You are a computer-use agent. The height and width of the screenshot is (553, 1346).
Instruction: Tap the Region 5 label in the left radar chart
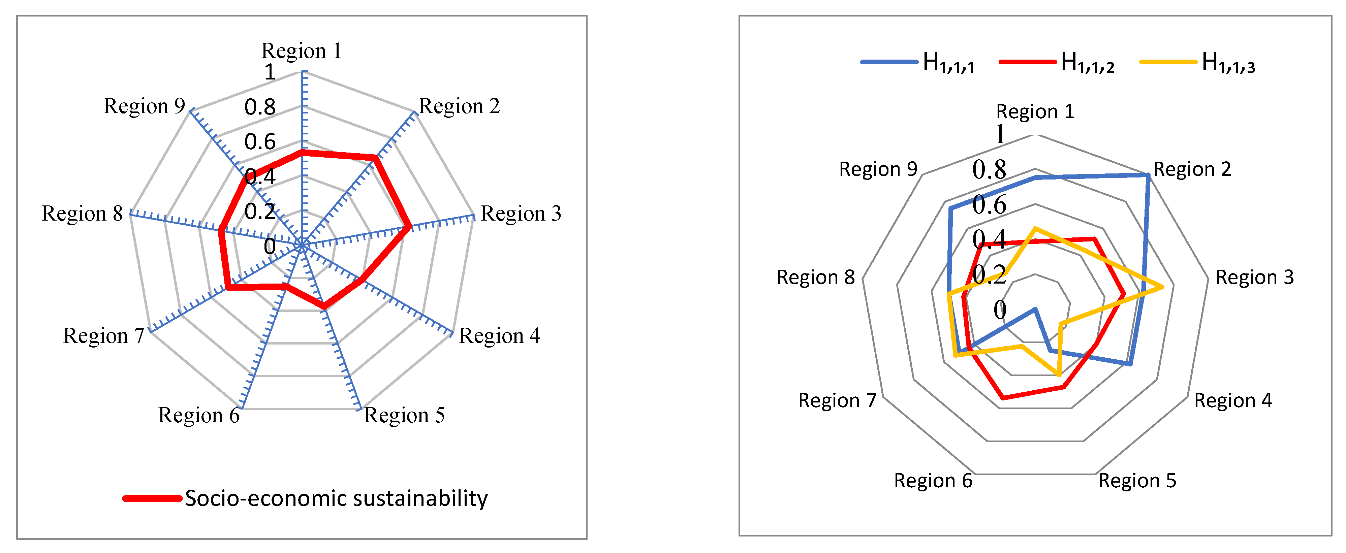click(404, 415)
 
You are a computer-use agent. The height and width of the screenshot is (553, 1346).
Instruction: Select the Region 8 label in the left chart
click(82, 214)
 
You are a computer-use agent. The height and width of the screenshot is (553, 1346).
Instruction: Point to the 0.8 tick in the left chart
click(260, 107)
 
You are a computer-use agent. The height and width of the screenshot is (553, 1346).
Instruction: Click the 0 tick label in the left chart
click(270, 246)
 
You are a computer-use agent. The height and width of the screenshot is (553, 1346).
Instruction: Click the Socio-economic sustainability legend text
click(336, 498)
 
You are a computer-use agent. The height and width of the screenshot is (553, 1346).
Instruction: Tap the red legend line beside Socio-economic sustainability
click(152, 498)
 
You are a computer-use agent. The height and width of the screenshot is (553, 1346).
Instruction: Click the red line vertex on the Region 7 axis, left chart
click(227, 287)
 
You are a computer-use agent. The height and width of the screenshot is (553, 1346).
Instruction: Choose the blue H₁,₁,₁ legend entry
click(917, 63)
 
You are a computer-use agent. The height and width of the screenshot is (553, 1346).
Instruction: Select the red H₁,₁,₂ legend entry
click(1056, 63)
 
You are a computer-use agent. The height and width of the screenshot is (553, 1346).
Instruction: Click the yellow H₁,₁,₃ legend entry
click(1196, 63)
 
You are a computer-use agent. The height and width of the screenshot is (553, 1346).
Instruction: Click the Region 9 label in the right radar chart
click(878, 169)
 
